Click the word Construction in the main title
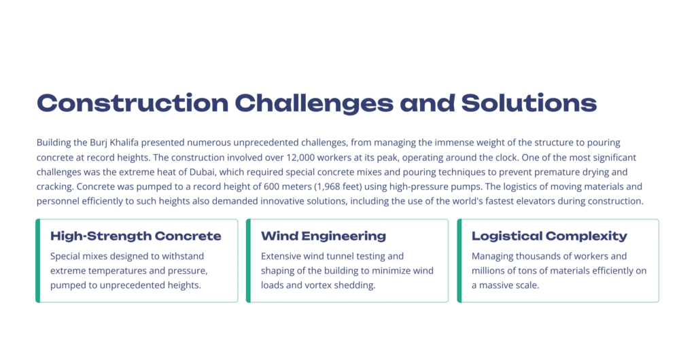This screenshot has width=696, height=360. [133, 103]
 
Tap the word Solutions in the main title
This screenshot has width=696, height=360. [529, 103]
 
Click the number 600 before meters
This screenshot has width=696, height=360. [271, 187]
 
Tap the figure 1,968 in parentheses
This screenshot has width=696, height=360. [330, 187]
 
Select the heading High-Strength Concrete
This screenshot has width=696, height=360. [136, 236]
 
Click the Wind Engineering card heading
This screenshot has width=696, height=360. [324, 236]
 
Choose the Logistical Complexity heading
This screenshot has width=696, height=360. [549, 236]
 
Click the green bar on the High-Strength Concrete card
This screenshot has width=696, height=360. [38, 261]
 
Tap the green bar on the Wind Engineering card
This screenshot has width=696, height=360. [249, 261]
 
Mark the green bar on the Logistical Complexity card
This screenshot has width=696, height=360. [459, 261]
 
